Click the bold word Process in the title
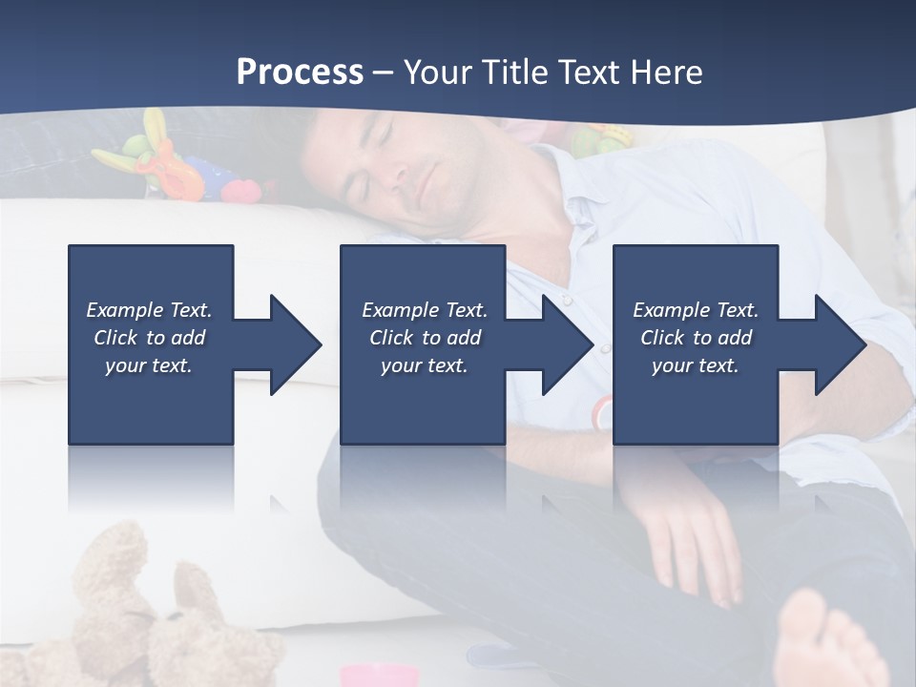300,72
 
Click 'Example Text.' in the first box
149,310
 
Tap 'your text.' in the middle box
424,365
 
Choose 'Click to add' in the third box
696,338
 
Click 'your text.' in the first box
149,365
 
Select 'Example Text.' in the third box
696,310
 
